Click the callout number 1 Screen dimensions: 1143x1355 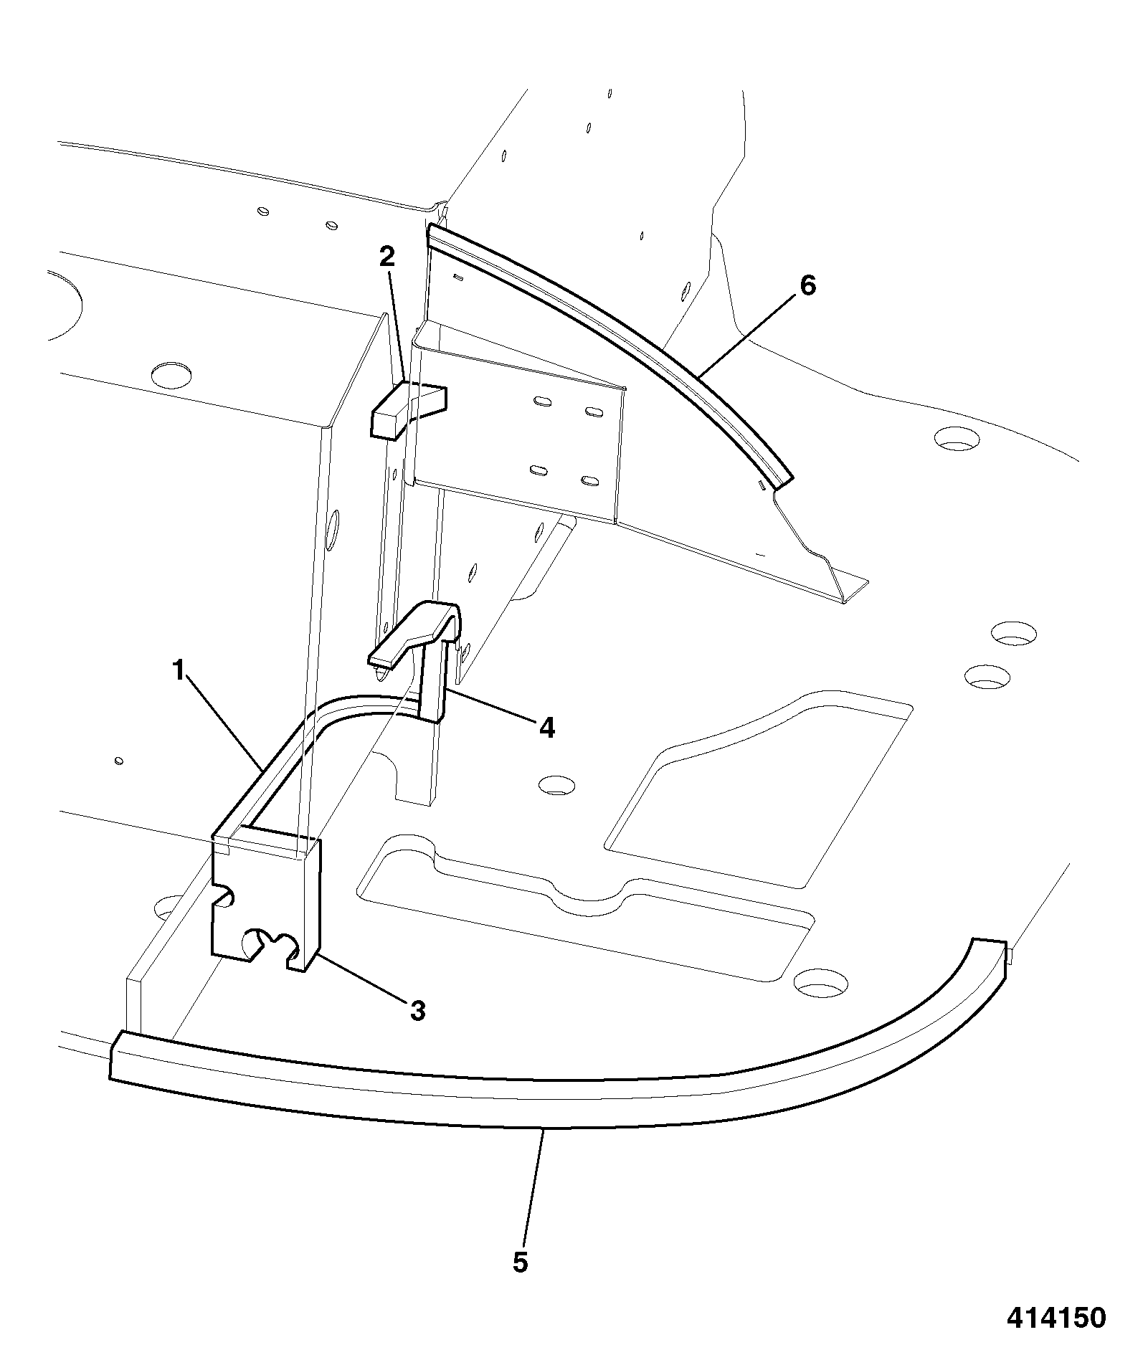tap(179, 672)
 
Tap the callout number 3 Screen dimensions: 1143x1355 tap(417, 1012)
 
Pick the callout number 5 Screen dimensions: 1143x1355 tap(521, 1263)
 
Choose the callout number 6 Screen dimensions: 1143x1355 tap(807, 285)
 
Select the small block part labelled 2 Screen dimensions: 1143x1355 tap(407, 409)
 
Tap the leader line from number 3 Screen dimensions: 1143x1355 tap(364, 978)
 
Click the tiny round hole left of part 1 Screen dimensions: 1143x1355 tap(119, 761)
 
